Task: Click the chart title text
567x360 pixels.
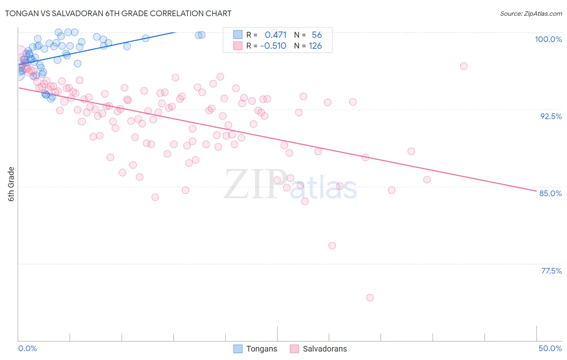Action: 118,13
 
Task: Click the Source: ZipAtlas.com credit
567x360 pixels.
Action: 531,13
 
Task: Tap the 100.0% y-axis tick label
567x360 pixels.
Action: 548,39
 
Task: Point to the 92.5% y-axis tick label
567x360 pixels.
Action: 551,116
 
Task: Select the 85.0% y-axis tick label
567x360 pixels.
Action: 550,193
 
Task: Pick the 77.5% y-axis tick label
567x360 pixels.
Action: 551,271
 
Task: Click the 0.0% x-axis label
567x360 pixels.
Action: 27,348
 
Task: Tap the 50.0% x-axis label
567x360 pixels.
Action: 550,348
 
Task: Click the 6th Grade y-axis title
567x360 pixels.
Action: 11,184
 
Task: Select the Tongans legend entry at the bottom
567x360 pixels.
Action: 255,349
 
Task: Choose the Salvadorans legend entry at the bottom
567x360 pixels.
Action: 319,349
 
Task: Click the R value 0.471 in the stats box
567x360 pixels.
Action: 275,35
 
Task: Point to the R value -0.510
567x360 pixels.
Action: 273,46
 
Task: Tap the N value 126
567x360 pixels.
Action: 315,46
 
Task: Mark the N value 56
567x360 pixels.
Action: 317,35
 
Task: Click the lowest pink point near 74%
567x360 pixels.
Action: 370,297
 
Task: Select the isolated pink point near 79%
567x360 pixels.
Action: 332,245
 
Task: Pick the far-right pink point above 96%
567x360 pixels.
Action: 464,66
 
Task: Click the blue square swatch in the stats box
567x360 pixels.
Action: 238,35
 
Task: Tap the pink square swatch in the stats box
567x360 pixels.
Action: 238,46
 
